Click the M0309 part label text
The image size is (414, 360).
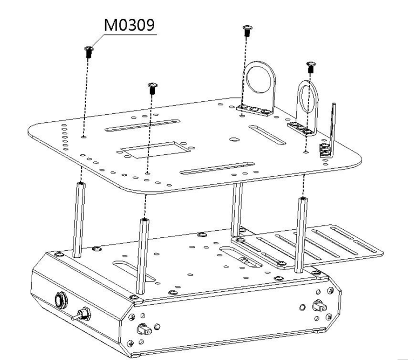129,25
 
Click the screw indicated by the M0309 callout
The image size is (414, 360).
89,52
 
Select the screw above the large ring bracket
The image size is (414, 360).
247,30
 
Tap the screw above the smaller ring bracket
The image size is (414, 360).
311,67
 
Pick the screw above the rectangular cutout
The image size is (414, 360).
152,88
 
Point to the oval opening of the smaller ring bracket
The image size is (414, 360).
307,98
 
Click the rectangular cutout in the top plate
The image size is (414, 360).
156,150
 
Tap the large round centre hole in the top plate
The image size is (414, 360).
234,139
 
